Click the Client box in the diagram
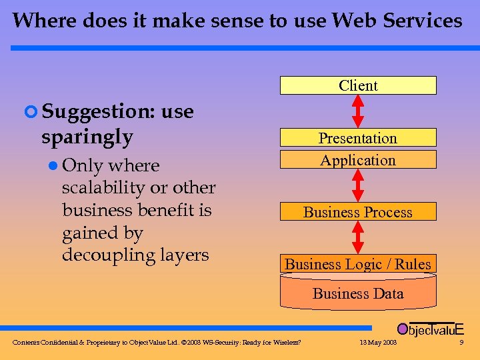(358, 85)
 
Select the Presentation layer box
(358, 138)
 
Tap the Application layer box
(358, 160)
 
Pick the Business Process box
(358, 212)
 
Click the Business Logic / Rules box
(358, 264)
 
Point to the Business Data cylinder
(358, 293)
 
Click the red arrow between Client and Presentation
(358, 111)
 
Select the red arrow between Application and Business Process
(358, 185)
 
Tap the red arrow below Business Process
(358, 237)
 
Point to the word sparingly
(87, 137)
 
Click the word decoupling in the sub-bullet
(108, 255)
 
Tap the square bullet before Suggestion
(28, 112)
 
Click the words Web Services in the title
(397, 21)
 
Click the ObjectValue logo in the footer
(430, 329)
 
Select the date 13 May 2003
(377, 343)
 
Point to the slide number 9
(461, 343)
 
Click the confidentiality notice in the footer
(157, 343)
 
